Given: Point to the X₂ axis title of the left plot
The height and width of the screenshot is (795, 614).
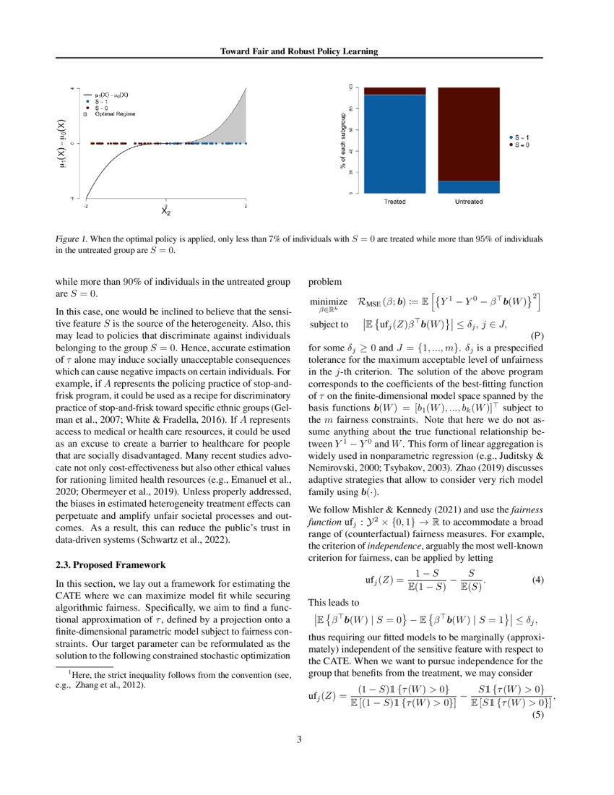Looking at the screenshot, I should pos(166,211).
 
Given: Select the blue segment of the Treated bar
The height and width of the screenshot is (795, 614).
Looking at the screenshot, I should pos(394,145).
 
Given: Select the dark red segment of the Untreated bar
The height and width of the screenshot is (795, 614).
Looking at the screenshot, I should pos(468,134).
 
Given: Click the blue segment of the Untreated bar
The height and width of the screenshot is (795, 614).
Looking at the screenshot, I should pos(468,187).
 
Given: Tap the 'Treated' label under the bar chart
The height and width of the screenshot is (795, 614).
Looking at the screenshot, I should pos(394,202).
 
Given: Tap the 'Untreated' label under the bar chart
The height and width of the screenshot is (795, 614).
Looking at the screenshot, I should pos(468,202).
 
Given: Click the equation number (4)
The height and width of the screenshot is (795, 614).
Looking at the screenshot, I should pos(537,540).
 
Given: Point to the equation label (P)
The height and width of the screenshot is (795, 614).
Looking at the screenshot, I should pos(537,337).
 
